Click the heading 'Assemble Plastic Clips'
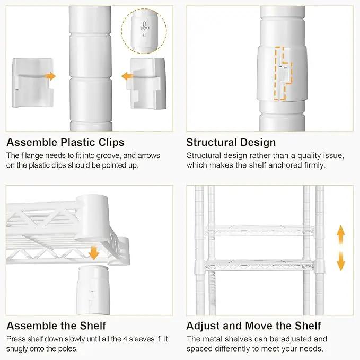[x=65, y=142]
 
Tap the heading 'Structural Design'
[x=231, y=142]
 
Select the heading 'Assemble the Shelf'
[x=56, y=326]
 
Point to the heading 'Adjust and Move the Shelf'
[x=253, y=326]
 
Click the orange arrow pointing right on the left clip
[x=50, y=76]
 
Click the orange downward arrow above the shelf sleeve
[x=94, y=252]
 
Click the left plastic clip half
[x=32, y=83]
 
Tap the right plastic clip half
[x=146, y=83]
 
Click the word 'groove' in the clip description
[x=108, y=156]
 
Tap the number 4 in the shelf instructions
[x=125, y=339]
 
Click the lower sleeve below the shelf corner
[x=93, y=290]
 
